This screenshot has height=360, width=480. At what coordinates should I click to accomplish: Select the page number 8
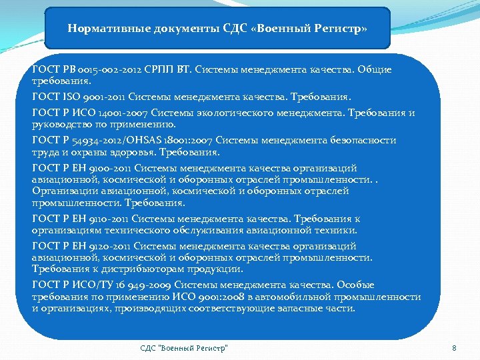point(454,348)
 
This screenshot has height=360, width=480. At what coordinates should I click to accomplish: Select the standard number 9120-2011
point(106,247)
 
